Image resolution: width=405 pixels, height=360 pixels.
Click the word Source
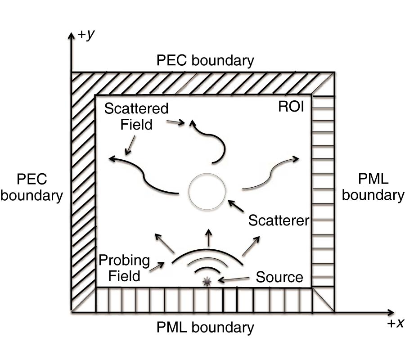pos(279,277)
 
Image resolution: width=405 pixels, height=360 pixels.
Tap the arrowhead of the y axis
pos(71,35)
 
